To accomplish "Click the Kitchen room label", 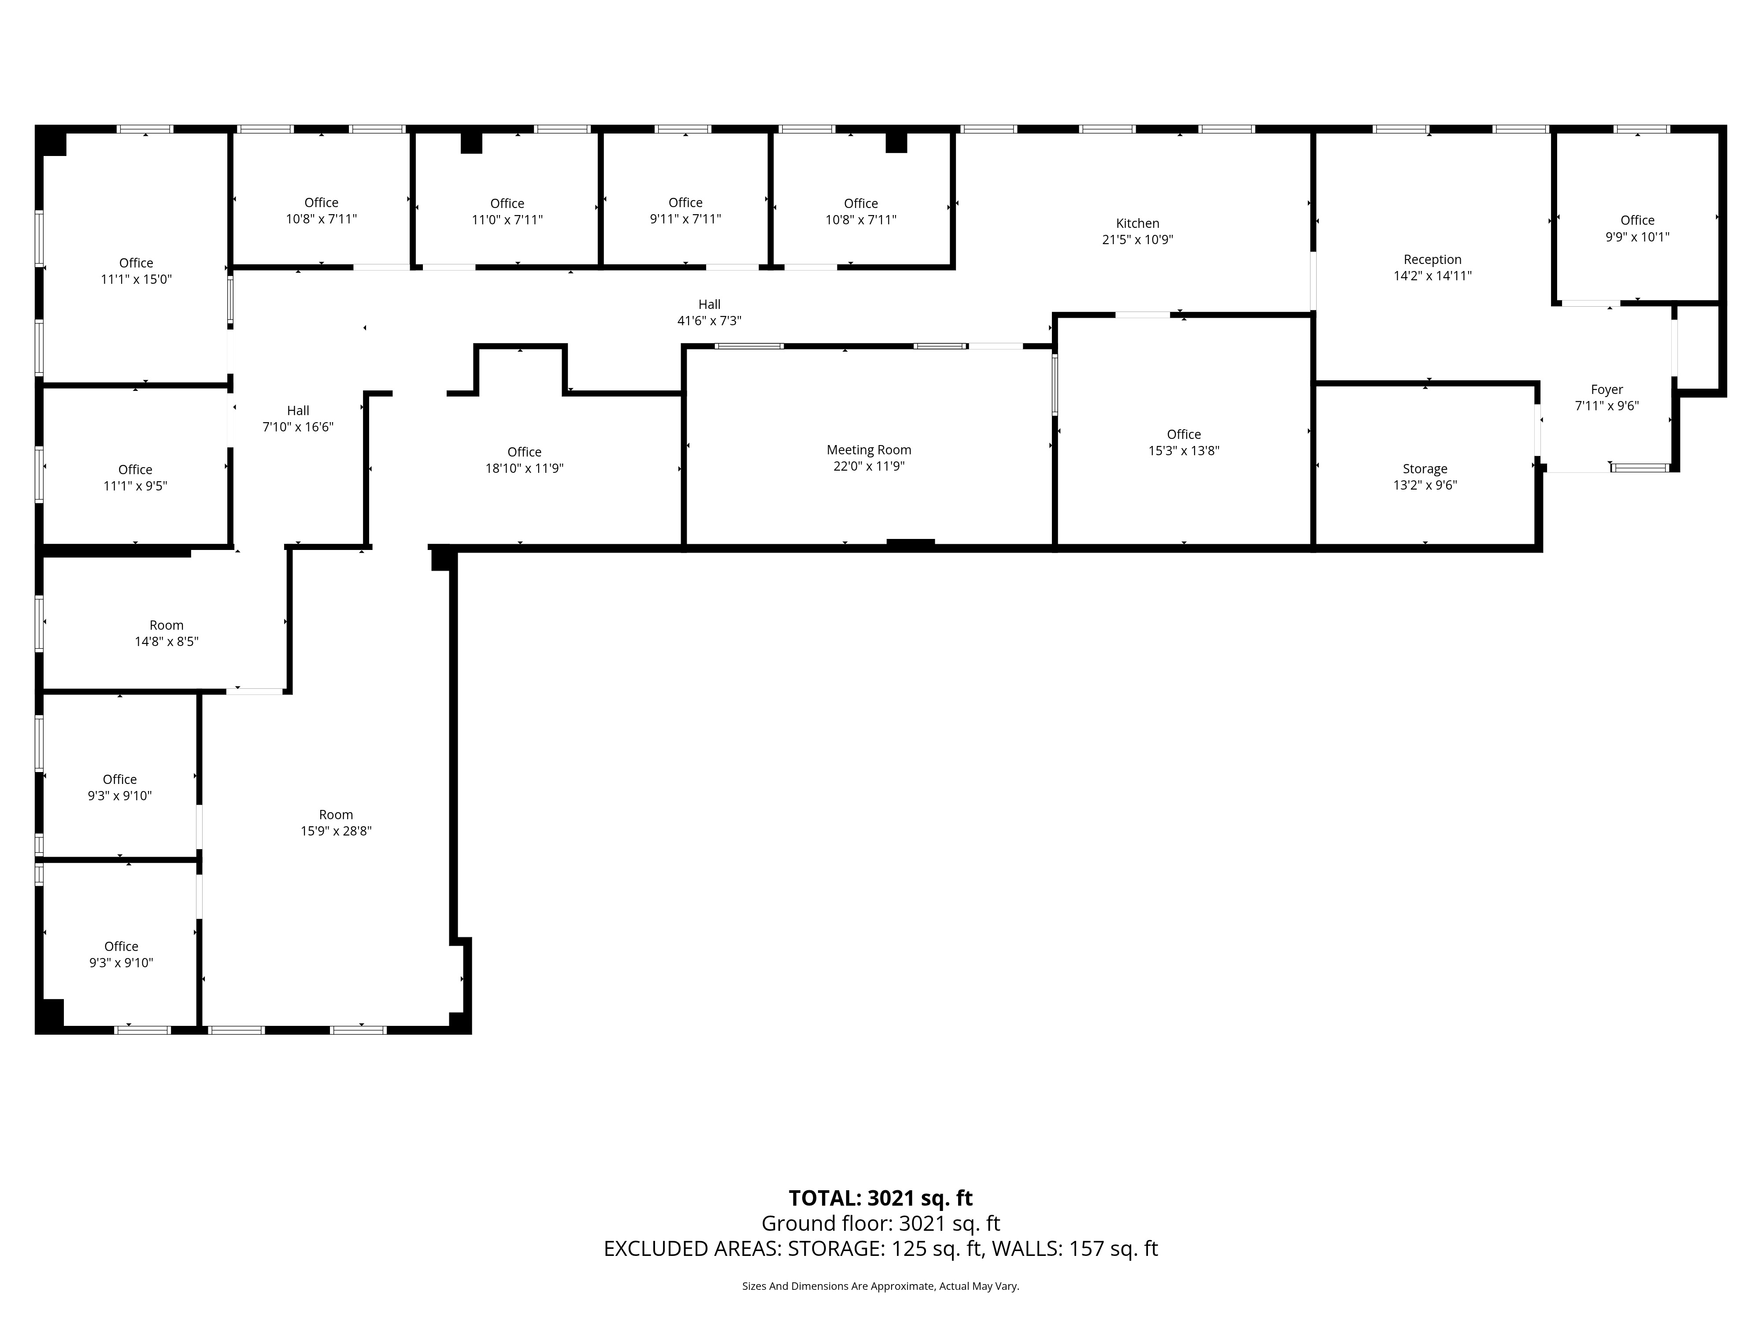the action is coord(1137,223).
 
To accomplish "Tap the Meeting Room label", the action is coord(868,449).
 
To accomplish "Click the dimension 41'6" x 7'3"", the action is coord(709,320).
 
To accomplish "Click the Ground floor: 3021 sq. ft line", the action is coord(880,1223).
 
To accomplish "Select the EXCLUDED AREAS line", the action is coord(880,1249).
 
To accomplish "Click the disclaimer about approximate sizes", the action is coord(880,1286).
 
